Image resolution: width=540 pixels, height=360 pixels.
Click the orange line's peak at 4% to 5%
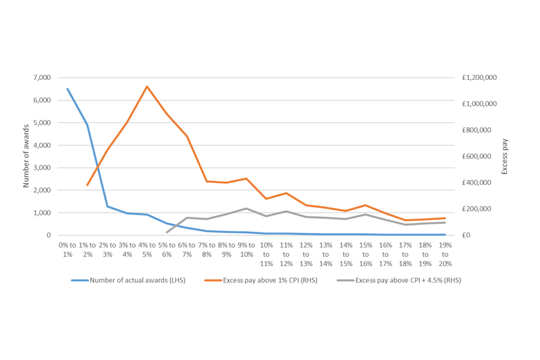pyautogui.click(x=147, y=87)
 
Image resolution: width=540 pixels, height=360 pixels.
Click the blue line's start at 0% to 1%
pyautogui.click(x=67, y=88)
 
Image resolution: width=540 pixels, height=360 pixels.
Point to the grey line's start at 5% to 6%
pyautogui.click(x=166, y=232)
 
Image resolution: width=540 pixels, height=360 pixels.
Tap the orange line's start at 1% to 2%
pyautogui.click(x=87, y=185)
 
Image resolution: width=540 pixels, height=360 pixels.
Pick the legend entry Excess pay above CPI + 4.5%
pyautogui.click(x=402, y=280)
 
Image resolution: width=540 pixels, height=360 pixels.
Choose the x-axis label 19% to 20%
pyautogui.click(x=444, y=254)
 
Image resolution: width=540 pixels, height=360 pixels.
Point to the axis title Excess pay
pyautogui.click(x=505, y=156)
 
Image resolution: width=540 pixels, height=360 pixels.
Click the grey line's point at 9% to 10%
pyautogui.click(x=246, y=209)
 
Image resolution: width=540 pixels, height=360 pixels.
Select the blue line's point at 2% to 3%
pyautogui.click(x=107, y=206)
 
